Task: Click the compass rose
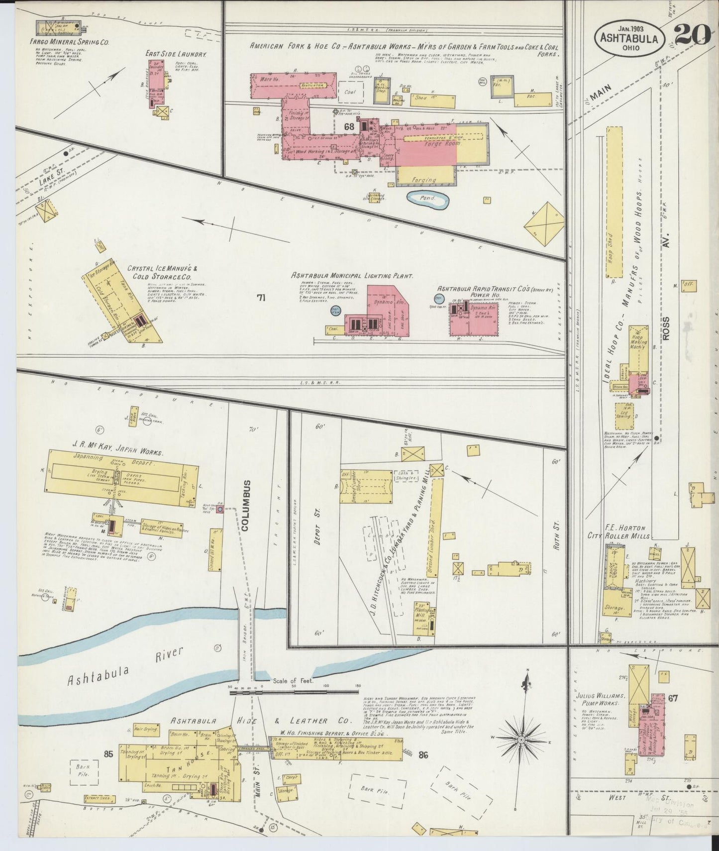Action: pyautogui.click(x=521, y=740)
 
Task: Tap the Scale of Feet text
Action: pyautogui.click(x=293, y=680)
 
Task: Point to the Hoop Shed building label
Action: pyautogui.click(x=614, y=247)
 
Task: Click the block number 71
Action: pyautogui.click(x=261, y=298)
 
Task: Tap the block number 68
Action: pyautogui.click(x=349, y=127)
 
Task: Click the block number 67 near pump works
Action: pyautogui.click(x=673, y=698)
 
